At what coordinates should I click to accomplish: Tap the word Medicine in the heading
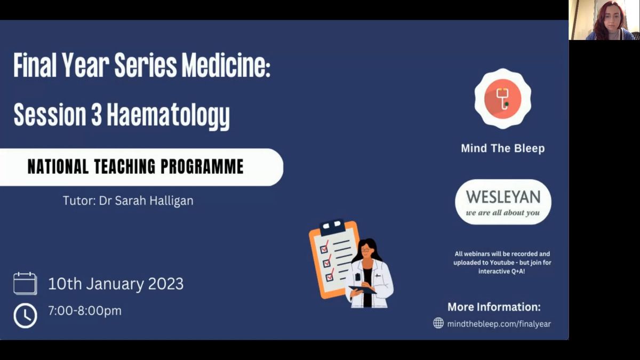click(226, 65)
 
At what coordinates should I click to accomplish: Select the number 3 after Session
click(97, 114)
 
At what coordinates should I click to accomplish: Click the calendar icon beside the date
click(25, 283)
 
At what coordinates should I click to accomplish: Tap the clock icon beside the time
click(25, 315)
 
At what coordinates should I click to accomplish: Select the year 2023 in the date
click(166, 284)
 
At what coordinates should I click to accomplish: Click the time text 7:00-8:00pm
click(85, 311)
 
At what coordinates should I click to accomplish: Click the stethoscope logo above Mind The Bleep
click(503, 99)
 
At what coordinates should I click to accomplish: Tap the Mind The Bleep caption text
click(503, 148)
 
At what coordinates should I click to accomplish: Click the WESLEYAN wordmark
click(503, 197)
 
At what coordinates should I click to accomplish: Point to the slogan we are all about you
click(503, 213)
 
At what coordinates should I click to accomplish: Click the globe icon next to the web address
click(438, 323)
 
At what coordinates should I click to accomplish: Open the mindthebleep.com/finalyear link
click(499, 324)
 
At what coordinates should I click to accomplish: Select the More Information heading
click(494, 307)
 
